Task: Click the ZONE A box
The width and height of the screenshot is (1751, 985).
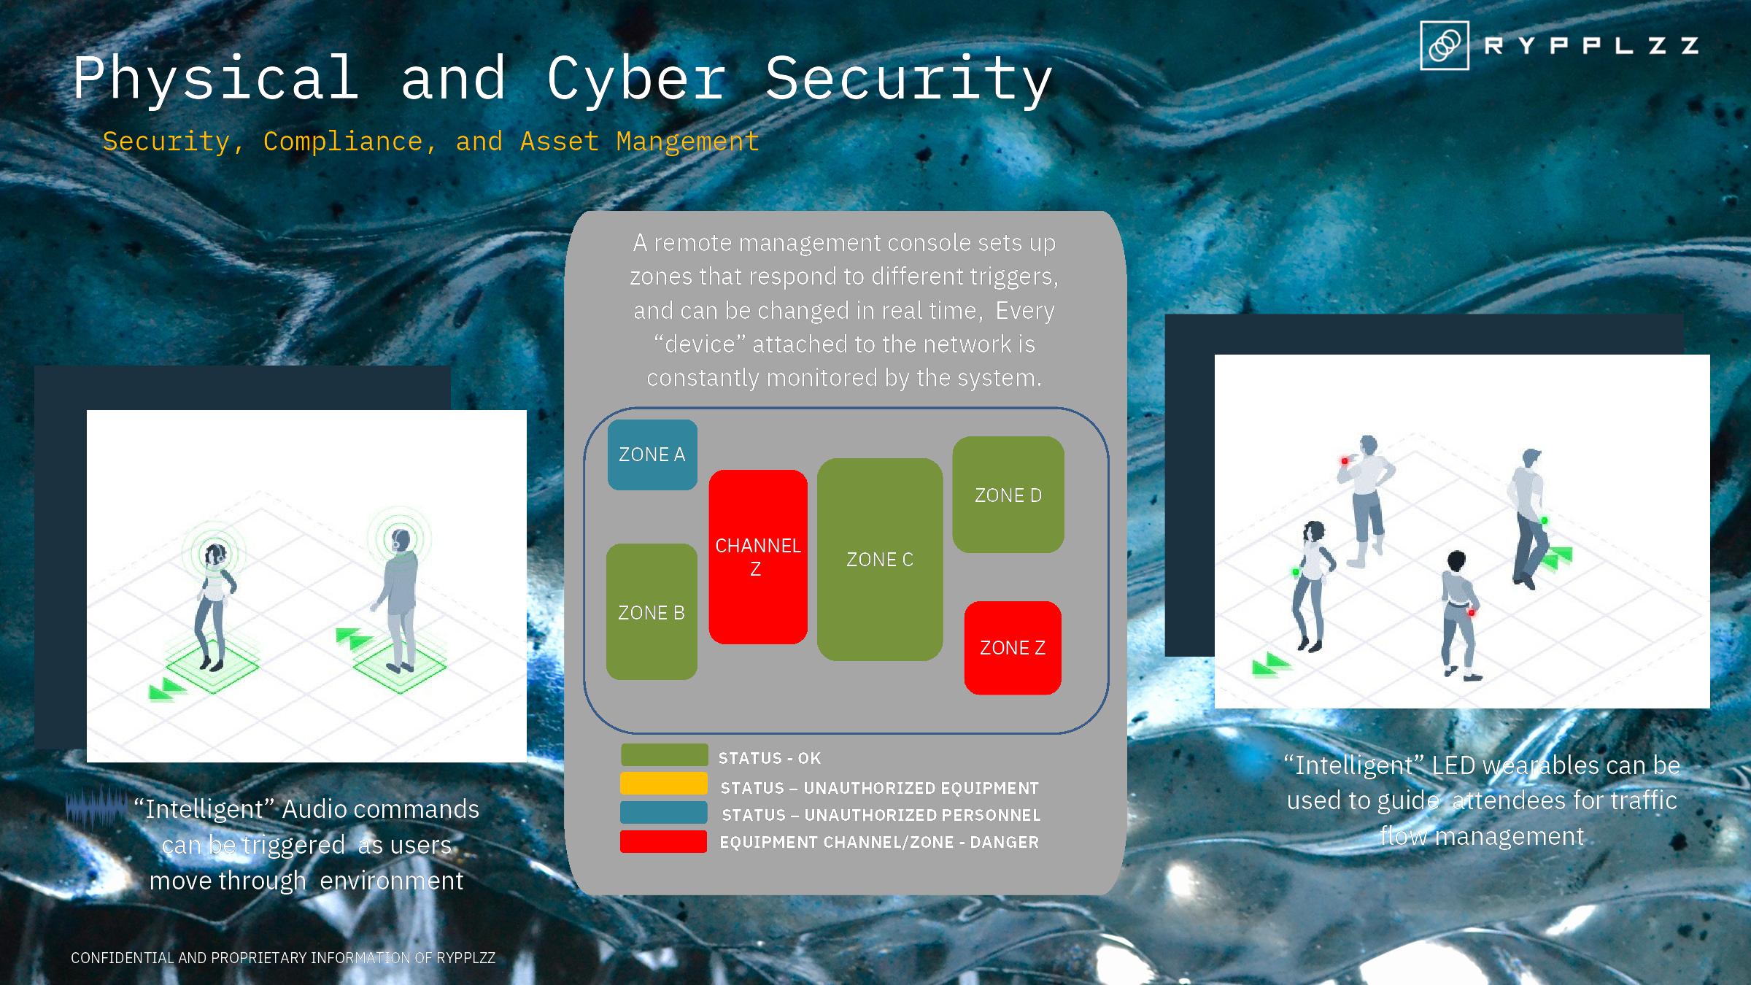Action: (x=652, y=455)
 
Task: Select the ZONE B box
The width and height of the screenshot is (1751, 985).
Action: (x=652, y=611)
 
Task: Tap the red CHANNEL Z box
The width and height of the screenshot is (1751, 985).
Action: (x=758, y=557)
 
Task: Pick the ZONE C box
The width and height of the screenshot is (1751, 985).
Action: (x=880, y=560)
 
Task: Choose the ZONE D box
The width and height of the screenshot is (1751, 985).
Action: (x=1008, y=495)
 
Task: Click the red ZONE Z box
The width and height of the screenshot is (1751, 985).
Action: (x=1013, y=648)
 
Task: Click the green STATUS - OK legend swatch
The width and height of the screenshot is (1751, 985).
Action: (x=664, y=755)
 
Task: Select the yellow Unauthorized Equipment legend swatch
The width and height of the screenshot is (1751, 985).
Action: (x=664, y=784)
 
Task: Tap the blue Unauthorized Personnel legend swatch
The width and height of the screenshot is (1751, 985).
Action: (x=664, y=812)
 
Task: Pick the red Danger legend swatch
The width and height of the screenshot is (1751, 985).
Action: (x=664, y=841)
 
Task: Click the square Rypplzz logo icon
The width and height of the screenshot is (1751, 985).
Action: (x=1445, y=45)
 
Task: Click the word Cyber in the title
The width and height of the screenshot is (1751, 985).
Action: (x=636, y=80)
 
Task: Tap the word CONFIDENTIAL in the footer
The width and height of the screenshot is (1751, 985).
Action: (x=123, y=957)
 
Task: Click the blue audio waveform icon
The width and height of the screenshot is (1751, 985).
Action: (x=96, y=807)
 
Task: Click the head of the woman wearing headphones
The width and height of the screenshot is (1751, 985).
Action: (x=214, y=555)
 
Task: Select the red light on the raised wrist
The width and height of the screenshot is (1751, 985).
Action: (x=1345, y=461)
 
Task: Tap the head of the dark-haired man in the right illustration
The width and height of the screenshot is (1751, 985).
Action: (x=1456, y=561)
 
